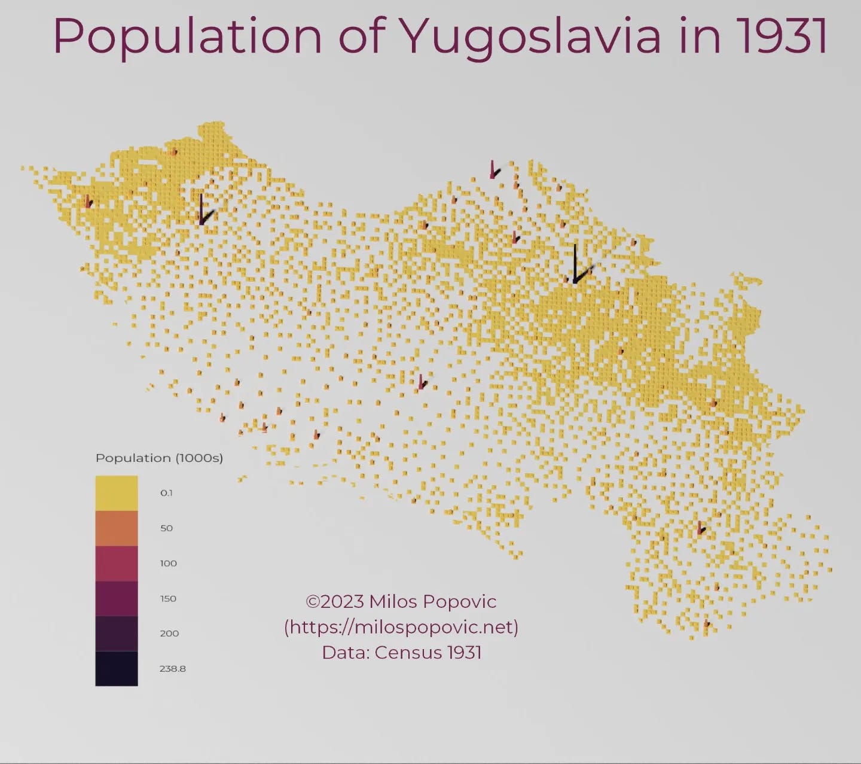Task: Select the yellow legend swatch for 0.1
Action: tap(117, 493)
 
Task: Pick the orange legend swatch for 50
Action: tap(117, 528)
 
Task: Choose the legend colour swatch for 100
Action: tap(117, 564)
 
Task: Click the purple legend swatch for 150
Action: tap(117, 598)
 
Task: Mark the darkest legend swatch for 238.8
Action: tap(117, 668)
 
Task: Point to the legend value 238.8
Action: tap(172, 669)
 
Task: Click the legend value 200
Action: tap(169, 634)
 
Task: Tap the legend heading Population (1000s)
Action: tap(159, 458)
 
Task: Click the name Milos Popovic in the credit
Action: tap(433, 601)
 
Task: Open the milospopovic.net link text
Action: tap(401, 627)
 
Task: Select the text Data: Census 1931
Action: tap(401, 652)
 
